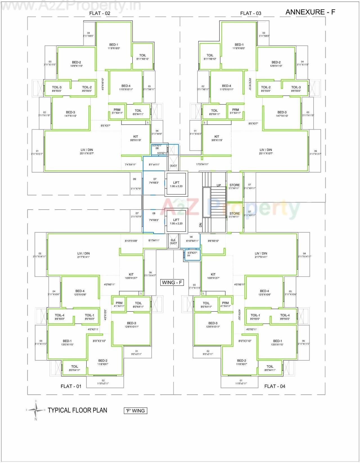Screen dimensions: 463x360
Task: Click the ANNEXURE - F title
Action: (x=310, y=12)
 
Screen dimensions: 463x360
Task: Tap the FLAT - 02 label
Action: (x=100, y=13)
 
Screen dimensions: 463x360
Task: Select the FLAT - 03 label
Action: (x=251, y=13)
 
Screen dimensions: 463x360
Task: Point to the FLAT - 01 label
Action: (x=71, y=386)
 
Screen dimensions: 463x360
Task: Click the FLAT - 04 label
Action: (x=274, y=386)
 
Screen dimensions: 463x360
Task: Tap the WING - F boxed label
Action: (x=172, y=282)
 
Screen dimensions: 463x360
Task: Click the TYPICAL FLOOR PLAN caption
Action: (x=77, y=410)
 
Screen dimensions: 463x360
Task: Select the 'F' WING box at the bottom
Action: (x=135, y=411)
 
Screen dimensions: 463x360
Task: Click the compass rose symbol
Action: (x=36, y=410)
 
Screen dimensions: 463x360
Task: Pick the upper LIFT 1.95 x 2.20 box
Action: (x=176, y=184)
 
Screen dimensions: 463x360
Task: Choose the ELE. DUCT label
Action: (x=173, y=242)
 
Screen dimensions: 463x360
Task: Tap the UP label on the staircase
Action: (x=219, y=185)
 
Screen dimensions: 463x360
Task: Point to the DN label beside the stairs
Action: (x=201, y=225)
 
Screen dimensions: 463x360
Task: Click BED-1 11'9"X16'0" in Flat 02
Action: (x=114, y=46)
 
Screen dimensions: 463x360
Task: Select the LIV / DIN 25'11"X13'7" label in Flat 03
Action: (x=266, y=151)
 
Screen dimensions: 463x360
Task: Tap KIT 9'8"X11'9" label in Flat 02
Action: (x=136, y=138)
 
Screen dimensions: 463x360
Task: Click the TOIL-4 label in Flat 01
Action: (x=60, y=317)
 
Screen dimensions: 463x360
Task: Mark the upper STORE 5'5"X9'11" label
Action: (x=234, y=186)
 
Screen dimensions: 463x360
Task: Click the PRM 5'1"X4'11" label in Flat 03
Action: (x=235, y=111)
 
